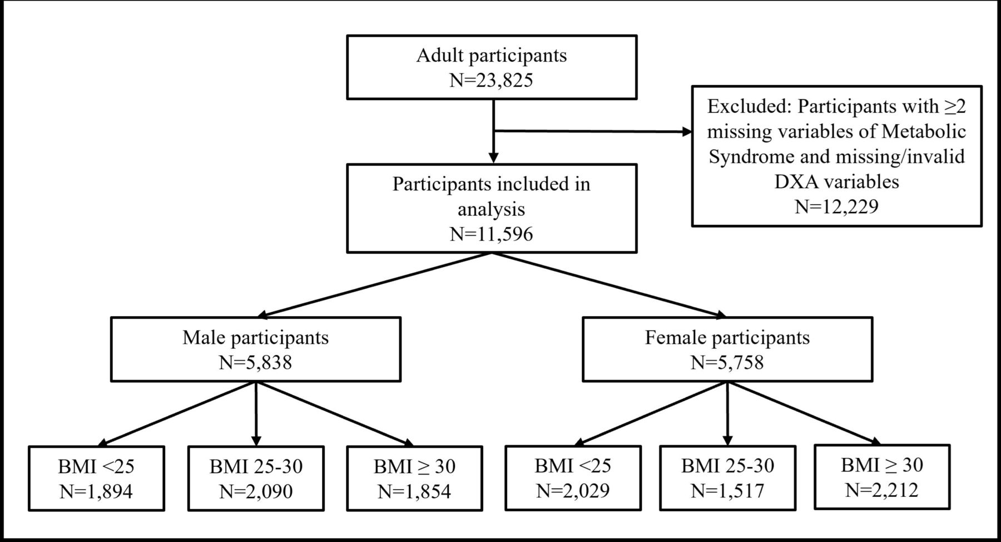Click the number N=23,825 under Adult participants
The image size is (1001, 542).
tap(491, 80)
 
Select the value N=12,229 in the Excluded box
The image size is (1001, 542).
tap(836, 206)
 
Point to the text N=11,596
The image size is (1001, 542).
tap(491, 234)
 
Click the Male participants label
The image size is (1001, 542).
tap(255, 337)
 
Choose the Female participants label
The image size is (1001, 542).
tap(727, 337)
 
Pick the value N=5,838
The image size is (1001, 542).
tap(255, 363)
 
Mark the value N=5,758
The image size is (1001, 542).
tap(727, 363)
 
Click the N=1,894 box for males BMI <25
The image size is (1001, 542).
tap(96, 491)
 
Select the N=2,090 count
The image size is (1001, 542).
tap(256, 491)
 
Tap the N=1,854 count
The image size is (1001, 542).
tap(414, 491)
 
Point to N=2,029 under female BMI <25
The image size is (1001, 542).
tap(573, 490)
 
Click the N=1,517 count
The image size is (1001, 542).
tap(727, 490)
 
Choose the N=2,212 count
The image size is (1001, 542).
tap(881, 490)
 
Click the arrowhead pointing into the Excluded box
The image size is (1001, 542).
tap(687, 132)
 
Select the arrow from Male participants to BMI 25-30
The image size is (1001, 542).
tap(256, 415)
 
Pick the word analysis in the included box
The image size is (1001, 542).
tap(491, 209)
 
